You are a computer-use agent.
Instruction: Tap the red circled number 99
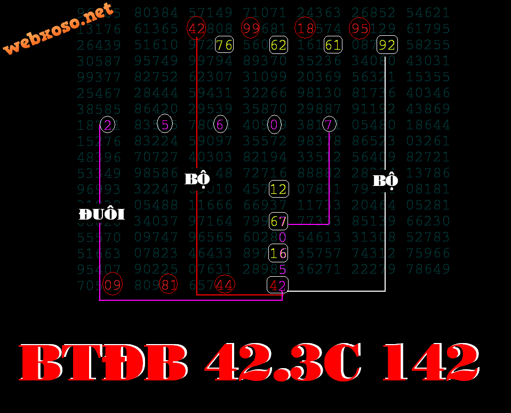click(x=250, y=28)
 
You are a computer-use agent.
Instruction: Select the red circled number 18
click(x=306, y=28)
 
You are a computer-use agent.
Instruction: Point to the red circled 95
click(x=360, y=28)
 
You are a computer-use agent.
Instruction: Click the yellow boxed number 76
click(x=225, y=45)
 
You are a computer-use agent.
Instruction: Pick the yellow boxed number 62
click(x=278, y=45)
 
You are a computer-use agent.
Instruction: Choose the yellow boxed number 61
click(x=333, y=45)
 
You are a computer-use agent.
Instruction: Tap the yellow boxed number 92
click(x=387, y=45)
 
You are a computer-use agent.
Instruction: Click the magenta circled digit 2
click(x=107, y=125)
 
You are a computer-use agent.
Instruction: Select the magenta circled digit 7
click(x=330, y=125)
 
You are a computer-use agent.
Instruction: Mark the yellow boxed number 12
click(x=278, y=189)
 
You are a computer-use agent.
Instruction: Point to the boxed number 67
click(x=278, y=221)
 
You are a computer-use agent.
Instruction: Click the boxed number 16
click(x=278, y=253)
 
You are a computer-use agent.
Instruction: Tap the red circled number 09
click(x=113, y=285)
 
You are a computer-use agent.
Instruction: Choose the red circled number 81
click(x=169, y=285)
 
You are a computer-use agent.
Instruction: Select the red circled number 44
click(x=225, y=285)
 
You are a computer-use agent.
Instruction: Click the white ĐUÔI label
click(x=101, y=215)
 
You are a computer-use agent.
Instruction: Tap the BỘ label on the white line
click(x=385, y=181)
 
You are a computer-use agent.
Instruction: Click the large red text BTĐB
click(x=105, y=363)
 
